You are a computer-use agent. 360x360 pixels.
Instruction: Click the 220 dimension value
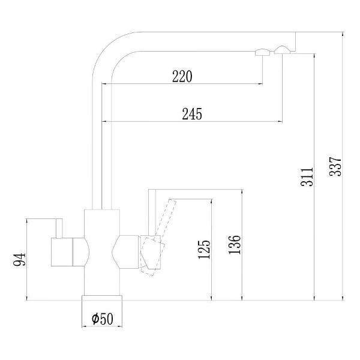182,76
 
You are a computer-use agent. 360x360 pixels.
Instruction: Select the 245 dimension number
192,114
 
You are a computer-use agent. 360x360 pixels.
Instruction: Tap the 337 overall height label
335,166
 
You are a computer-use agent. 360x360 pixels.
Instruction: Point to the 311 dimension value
307,177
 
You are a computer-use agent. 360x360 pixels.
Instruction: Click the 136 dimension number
235,245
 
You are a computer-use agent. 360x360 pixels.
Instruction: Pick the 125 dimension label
204,250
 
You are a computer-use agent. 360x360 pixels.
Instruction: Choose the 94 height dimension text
20,259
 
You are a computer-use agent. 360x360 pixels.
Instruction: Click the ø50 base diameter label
103,319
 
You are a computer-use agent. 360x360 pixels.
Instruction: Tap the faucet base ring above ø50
102,298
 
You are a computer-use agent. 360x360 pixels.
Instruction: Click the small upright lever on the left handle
59,229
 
